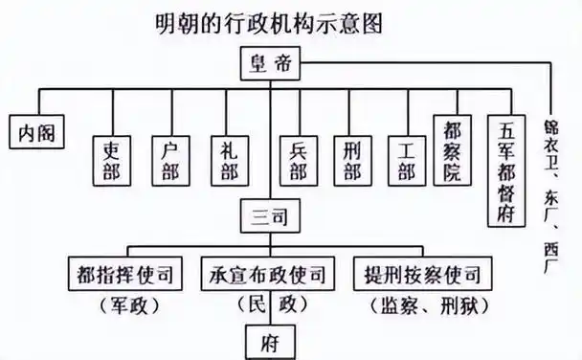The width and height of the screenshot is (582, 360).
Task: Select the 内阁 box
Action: point(37,131)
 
